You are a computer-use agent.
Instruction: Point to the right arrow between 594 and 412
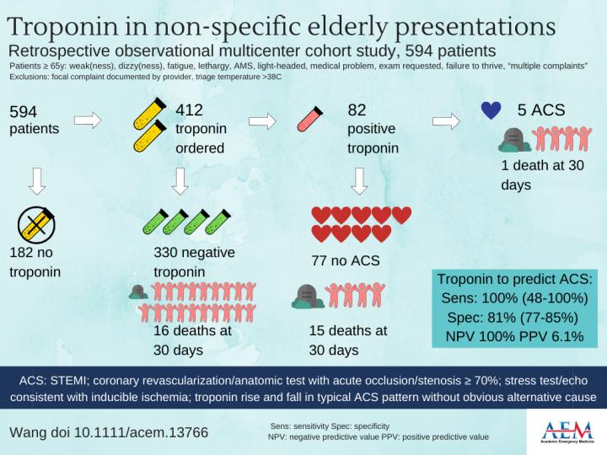88,121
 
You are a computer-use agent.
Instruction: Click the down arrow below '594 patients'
36,179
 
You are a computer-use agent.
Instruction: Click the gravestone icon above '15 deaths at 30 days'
305,294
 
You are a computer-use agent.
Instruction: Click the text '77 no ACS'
345,260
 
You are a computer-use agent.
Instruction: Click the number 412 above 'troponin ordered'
191,111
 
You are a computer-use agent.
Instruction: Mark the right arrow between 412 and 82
262,121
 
